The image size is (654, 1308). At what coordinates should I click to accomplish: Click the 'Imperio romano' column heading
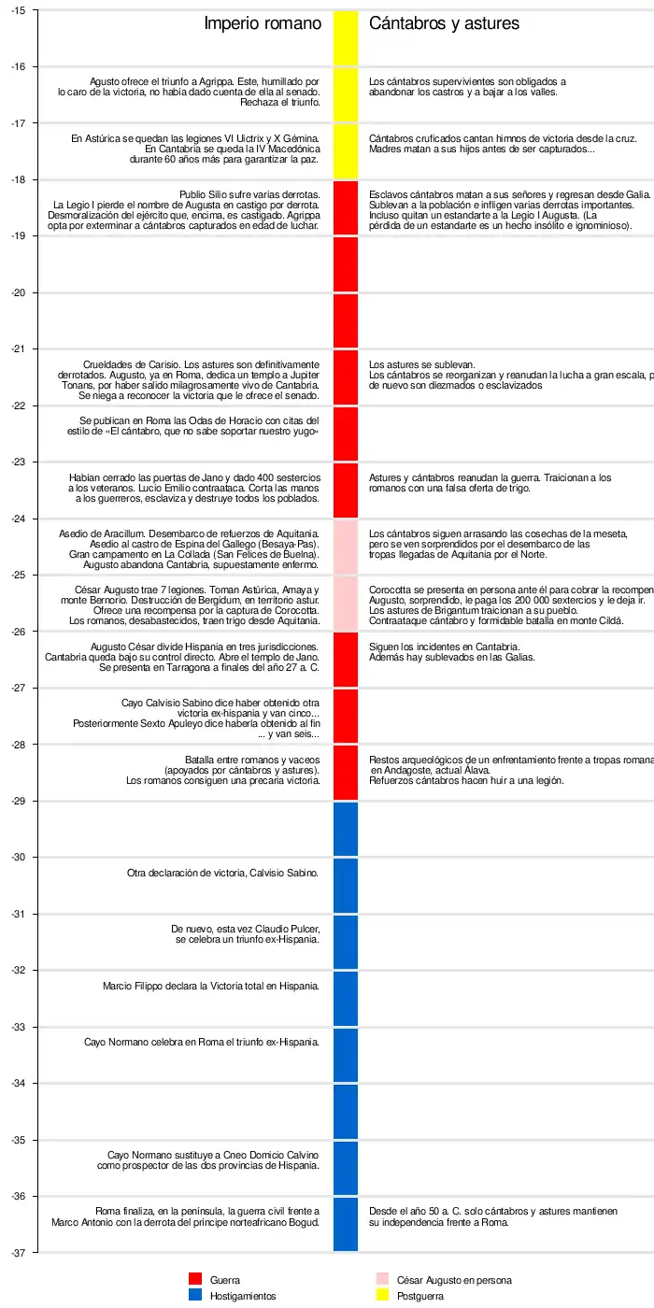[x=262, y=23]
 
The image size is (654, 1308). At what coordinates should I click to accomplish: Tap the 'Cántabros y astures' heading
[x=444, y=23]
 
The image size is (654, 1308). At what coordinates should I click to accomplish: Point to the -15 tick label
[x=19, y=10]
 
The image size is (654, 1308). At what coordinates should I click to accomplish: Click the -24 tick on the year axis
[x=19, y=519]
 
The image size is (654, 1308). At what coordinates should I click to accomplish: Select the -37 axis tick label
[x=19, y=1253]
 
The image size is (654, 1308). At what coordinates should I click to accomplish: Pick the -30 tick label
[x=19, y=858]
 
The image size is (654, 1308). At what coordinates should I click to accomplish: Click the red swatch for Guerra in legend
[x=195, y=1280]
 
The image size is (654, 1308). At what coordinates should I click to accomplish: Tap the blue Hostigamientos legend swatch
[x=195, y=1296]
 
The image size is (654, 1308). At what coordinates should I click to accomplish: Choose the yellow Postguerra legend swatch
[x=382, y=1296]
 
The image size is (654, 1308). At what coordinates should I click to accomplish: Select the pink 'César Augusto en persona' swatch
[x=382, y=1280]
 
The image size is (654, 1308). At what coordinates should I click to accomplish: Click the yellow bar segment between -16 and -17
[x=346, y=95]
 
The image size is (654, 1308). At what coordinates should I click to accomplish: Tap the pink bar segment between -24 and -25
[x=346, y=547]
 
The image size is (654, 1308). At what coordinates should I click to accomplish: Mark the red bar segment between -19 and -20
[x=346, y=264]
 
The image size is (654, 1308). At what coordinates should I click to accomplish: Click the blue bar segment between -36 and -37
[x=346, y=1224]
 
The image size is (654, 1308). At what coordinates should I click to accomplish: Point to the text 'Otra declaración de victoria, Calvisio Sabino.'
[x=223, y=874]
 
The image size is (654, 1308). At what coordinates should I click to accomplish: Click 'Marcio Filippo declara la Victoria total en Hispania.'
[x=211, y=986]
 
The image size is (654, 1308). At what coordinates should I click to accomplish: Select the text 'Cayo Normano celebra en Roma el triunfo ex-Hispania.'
[x=202, y=1042]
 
